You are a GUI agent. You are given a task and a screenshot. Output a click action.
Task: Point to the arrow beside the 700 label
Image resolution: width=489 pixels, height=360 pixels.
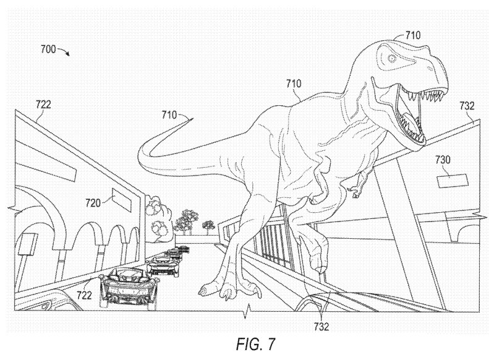[x=64, y=51]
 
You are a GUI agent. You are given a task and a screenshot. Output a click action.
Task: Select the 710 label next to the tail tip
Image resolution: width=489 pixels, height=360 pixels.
[x=169, y=114]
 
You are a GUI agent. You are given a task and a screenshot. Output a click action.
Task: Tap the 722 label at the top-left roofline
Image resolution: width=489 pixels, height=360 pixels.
[x=43, y=105]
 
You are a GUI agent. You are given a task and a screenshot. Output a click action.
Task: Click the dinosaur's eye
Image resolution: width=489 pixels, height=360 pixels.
[x=391, y=58]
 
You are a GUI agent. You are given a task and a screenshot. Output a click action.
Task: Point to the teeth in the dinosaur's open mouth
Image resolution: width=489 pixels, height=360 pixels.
[x=415, y=99]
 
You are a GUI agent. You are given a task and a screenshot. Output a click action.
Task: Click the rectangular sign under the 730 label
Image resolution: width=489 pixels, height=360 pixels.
[x=451, y=181]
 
